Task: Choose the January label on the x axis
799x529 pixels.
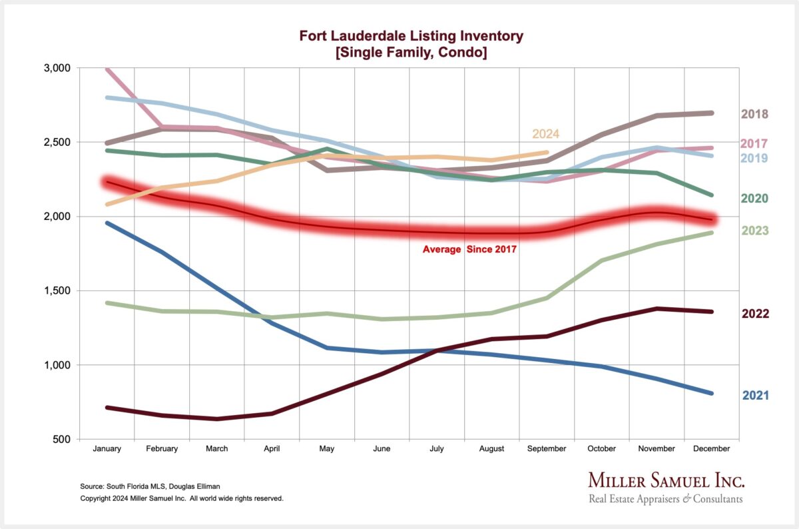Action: coord(107,449)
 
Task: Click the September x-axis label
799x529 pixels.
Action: coord(547,449)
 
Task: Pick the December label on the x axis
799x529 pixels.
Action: coord(711,449)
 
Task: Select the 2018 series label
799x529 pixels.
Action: coord(756,114)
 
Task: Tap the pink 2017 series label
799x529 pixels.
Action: coord(756,144)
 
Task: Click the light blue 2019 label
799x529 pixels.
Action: coord(756,159)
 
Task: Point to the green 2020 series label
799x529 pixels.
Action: coord(756,199)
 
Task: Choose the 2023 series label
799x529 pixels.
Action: coord(756,231)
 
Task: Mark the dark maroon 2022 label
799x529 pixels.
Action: coord(756,314)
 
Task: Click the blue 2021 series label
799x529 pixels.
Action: coord(756,396)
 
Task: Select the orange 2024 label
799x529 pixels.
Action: coord(545,135)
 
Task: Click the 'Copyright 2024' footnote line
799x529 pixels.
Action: coord(182,498)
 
